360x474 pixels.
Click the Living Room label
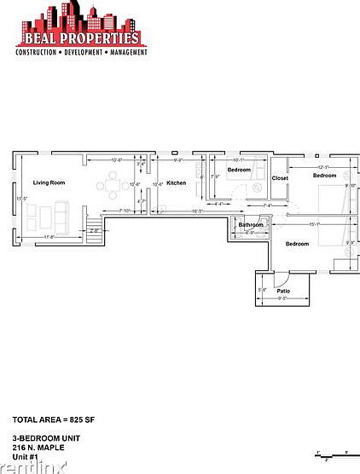[49, 183]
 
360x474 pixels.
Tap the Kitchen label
[176, 183]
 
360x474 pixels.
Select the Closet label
[280, 178]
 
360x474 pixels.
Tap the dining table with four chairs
[113, 183]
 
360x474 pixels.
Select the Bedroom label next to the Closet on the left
[239, 170]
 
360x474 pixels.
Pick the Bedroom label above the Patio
[297, 244]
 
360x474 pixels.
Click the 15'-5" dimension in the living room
[20, 199]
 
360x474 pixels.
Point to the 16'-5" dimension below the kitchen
[196, 211]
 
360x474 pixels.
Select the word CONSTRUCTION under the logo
[37, 52]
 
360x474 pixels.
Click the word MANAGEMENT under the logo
[127, 52]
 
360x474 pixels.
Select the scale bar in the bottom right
[331, 454]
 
